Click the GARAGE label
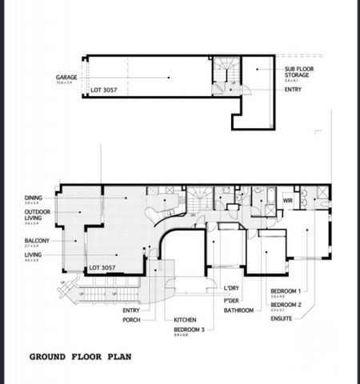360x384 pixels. (66, 77)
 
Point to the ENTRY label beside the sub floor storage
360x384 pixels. (293, 90)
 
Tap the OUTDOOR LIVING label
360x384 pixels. (37, 214)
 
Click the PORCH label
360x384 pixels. (131, 319)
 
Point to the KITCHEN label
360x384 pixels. (186, 319)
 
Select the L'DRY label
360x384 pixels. (232, 289)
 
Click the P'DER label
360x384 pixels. (233, 299)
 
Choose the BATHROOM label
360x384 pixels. (238, 310)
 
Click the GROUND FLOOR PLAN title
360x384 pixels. (81, 357)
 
